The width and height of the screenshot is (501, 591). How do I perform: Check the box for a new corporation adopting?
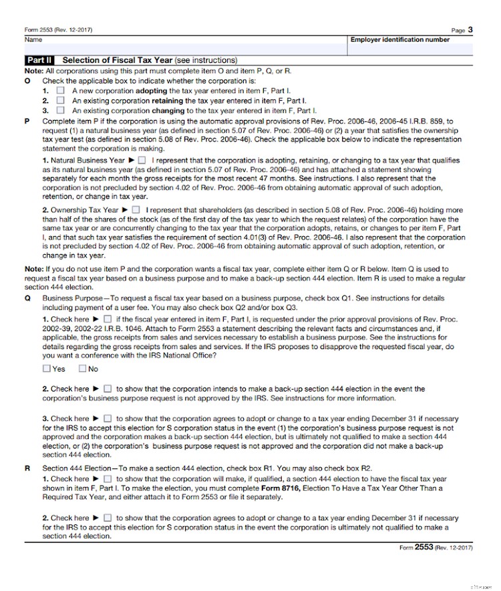click(60, 90)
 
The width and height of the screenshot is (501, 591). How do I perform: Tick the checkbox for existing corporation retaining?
click(60, 100)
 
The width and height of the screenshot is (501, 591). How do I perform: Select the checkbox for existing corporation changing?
click(60, 110)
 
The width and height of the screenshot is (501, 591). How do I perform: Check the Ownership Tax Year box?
click(136, 210)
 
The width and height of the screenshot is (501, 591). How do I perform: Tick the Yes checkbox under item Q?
click(46, 368)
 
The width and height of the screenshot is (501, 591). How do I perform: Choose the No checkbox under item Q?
click(82, 368)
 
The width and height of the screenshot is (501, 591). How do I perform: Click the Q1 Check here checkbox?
click(108, 320)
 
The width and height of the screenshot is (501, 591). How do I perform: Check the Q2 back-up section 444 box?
click(108, 388)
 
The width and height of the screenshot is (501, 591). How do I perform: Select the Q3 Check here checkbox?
click(108, 419)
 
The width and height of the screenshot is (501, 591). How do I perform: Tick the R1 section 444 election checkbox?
click(108, 479)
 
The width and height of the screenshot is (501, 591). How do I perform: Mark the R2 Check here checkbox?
click(108, 518)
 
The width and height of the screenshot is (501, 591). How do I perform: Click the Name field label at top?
click(33, 40)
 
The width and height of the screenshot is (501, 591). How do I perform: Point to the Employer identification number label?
click(399, 40)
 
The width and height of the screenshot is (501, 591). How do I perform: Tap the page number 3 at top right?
click(470, 29)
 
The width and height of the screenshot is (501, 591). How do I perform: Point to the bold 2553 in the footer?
click(424, 547)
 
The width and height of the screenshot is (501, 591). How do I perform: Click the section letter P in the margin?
click(27, 121)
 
